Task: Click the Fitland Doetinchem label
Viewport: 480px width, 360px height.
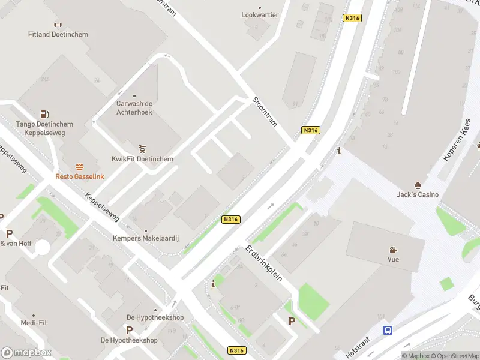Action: pyautogui.click(x=58, y=34)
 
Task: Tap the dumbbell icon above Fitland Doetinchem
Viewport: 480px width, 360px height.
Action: pyautogui.click(x=58, y=25)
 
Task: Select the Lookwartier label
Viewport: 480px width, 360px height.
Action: pyautogui.click(x=260, y=14)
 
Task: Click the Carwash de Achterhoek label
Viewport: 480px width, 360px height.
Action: pyautogui.click(x=134, y=107)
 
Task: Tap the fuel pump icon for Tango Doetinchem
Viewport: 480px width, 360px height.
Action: pyautogui.click(x=44, y=114)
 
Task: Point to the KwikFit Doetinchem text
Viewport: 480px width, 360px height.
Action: pyautogui.click(x=142, y=159)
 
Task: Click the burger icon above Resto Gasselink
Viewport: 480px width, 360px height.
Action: pyautogui.click(x=79, y=167)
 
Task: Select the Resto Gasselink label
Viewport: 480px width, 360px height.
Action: pyautogui.click(x=79, y=176)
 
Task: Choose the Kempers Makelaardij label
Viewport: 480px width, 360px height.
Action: pyautogui.click(x=146, y=238)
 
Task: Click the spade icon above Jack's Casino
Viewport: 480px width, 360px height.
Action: pyautogui.click(x=418, y=185)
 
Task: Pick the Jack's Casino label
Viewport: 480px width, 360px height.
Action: pyautogui.click(x=418, y=194)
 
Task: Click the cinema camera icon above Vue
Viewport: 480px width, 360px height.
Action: pyautogui.click(x=393, y=250)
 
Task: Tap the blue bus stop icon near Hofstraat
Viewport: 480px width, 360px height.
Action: pyautogui.click(x=388, y=330)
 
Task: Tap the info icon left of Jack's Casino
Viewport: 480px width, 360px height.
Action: pyautogui.click(x=339, y=151)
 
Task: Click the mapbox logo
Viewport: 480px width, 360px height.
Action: pyautogui.click(x=26, y=352)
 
